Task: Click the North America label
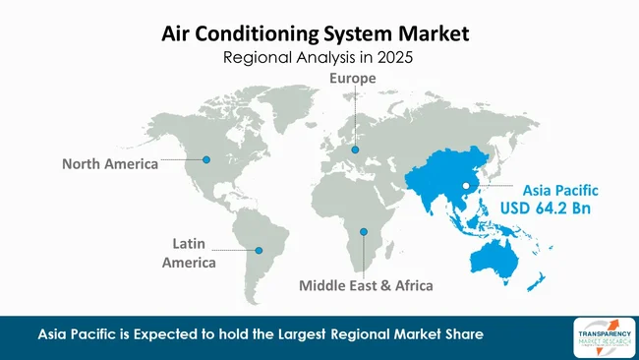coord(108,164)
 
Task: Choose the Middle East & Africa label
coord(365,285)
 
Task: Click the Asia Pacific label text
coord(561,189)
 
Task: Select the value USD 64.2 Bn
coord(561,210)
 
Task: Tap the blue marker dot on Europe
coord(355,150)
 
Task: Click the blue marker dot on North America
coord(206,159)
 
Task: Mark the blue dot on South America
coord(260,249)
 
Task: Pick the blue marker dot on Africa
coord(364,232)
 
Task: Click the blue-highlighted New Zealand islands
coord(537,283)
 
